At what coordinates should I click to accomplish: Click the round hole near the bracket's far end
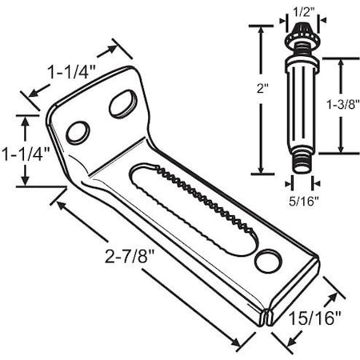269,260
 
